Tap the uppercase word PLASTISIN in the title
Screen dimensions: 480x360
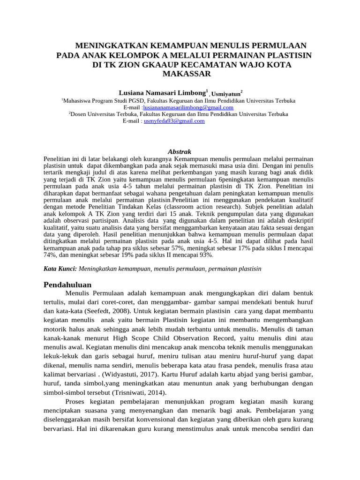coord(285,55)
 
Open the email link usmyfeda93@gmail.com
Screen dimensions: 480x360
coord(174,120)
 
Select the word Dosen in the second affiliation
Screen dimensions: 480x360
coord(78,114)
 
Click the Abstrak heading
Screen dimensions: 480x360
coord(180,151)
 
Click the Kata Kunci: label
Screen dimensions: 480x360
coord(60,269)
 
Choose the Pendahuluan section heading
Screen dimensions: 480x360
coord(67,285)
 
